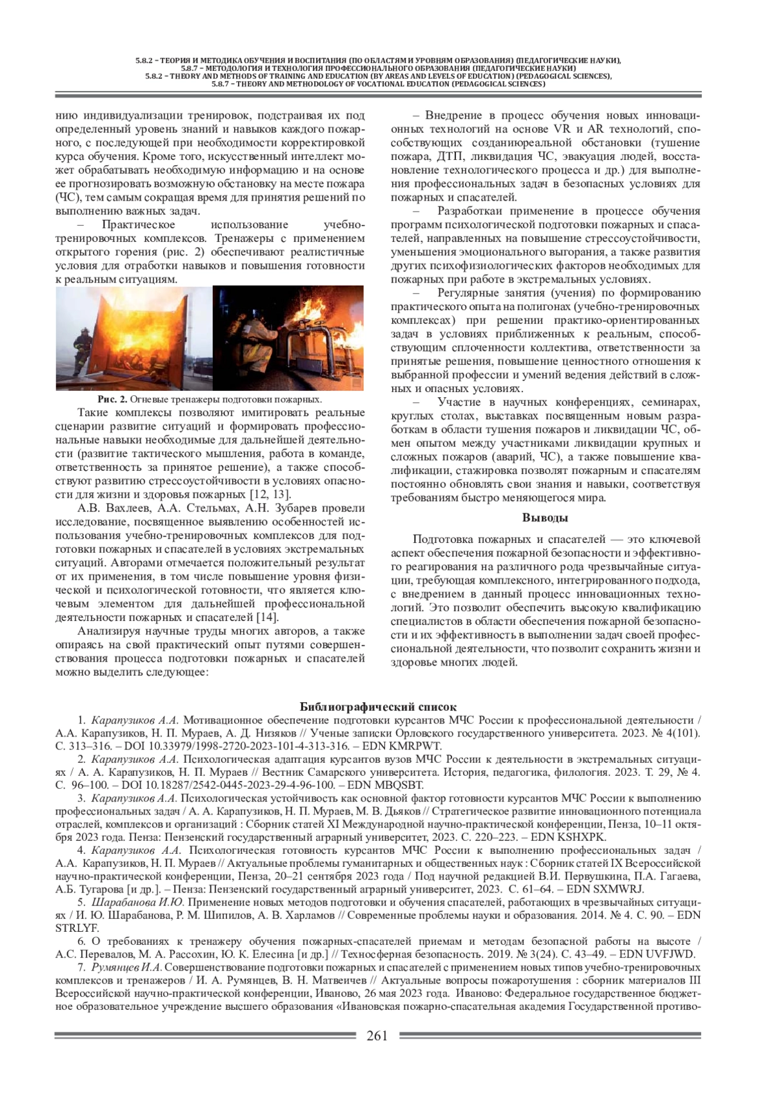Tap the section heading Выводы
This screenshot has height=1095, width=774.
click(x=545, y=518)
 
